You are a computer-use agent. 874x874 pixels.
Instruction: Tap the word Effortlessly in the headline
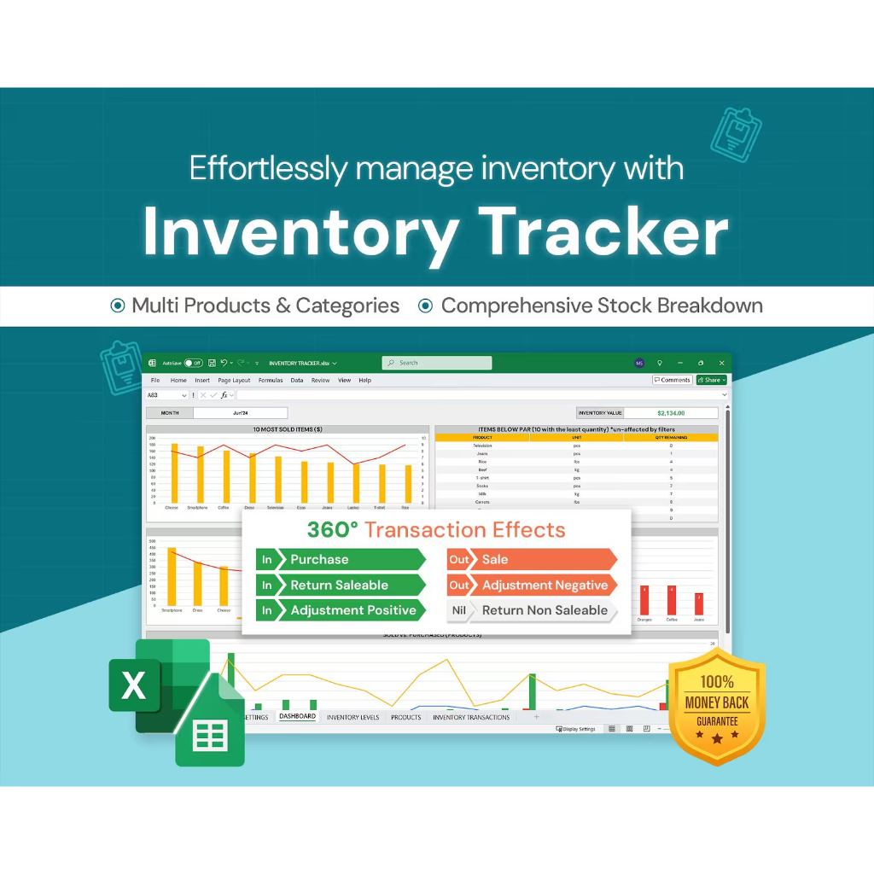click(x=268, y=168)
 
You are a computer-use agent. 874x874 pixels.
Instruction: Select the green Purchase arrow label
click(x=350, y=559)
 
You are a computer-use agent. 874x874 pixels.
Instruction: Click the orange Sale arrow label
click(x=531, y=559)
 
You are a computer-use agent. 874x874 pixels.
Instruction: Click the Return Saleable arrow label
click(x=350, y=585)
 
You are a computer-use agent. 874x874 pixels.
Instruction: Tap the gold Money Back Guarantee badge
click(x=716, y=703)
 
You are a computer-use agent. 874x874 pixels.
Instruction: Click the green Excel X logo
click(x=135, y=685)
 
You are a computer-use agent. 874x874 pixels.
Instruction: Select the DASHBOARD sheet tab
click(x=297, y=717)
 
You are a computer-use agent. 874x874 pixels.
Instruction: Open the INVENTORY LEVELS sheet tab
click(x=353, y=718)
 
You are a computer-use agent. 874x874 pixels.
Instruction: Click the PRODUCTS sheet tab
click(x=405, y=718)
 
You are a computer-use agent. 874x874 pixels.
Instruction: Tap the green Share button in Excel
click(x=712, y=380)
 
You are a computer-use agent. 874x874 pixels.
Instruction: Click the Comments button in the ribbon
click(x=672, y=380)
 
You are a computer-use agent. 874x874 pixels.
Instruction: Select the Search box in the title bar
click(x=436, y=363)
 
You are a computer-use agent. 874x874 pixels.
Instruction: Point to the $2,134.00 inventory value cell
click(x=671, y=413)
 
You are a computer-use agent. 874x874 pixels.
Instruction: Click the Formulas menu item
click(x=271, y=381)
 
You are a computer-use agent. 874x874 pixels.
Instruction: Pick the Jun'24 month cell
click(x=240, y=413)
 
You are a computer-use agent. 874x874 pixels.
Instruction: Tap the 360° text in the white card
click(x=333, y=529)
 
